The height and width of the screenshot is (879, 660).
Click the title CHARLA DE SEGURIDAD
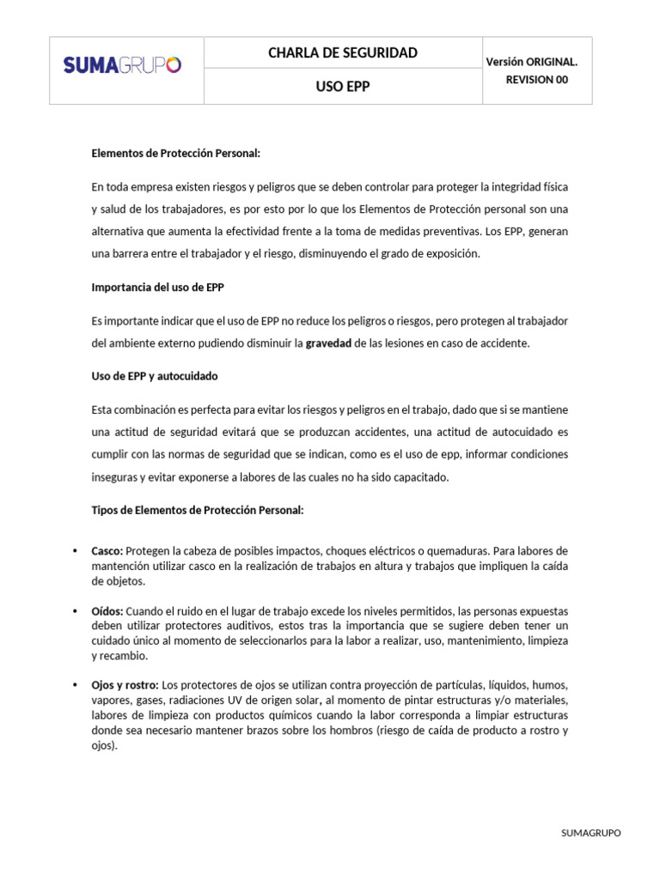343,53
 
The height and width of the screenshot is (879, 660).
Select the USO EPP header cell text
343,87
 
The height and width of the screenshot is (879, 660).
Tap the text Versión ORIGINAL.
532,62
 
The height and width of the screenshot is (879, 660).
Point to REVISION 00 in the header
537,80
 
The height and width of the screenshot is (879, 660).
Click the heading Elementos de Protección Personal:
175,154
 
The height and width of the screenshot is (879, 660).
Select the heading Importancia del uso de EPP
157,287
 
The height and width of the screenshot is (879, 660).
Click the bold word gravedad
329,343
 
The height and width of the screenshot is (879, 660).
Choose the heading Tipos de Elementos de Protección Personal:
198,510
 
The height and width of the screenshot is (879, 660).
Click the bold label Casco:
107,550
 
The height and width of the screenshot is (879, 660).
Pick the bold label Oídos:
107,611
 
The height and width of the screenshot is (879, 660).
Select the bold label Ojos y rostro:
125,685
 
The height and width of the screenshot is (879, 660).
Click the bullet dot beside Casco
75,550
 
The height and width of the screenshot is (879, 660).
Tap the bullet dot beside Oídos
75,611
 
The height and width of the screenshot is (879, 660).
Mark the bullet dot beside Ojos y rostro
75,685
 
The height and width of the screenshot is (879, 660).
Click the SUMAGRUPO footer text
590,833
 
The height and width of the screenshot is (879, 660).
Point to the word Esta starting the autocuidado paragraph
101,409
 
